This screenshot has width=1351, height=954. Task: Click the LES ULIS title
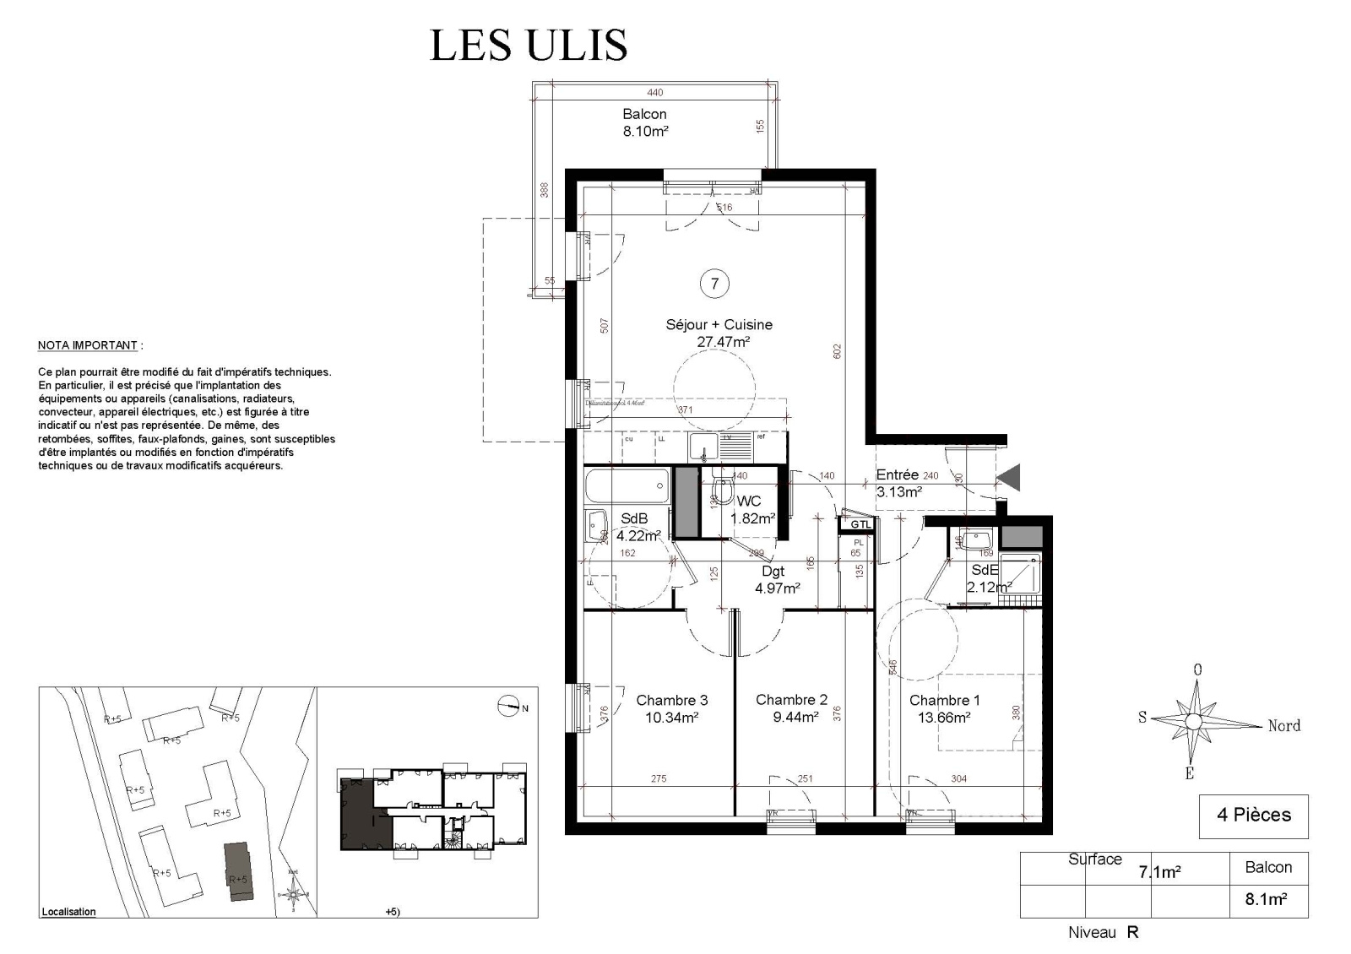tap(529, 46)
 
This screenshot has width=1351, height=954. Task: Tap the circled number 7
tap(714, 284)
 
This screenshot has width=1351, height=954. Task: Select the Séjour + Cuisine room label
tap(719, 324)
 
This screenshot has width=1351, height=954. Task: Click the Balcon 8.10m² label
tap(645, 122)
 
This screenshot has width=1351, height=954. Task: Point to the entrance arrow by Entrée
tap(1009, 478)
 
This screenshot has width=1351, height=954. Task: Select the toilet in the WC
tap(723, 490)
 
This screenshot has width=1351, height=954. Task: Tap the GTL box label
tap(860, 524)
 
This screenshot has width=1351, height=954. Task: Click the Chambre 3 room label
tap(671, 700)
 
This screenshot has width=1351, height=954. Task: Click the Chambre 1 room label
tap(944, 700)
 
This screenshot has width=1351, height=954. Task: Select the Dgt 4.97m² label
tap(776, 580)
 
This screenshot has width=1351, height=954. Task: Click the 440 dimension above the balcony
tap(654, 93)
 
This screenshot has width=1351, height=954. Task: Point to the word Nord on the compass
tap(1283, 725)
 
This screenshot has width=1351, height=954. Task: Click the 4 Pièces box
tap(1253, 816)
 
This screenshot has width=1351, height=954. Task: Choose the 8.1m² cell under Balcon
tap(1266, 900)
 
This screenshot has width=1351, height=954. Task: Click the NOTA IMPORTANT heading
tap(87, 345)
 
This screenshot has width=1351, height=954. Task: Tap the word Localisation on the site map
tap(68, 912)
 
